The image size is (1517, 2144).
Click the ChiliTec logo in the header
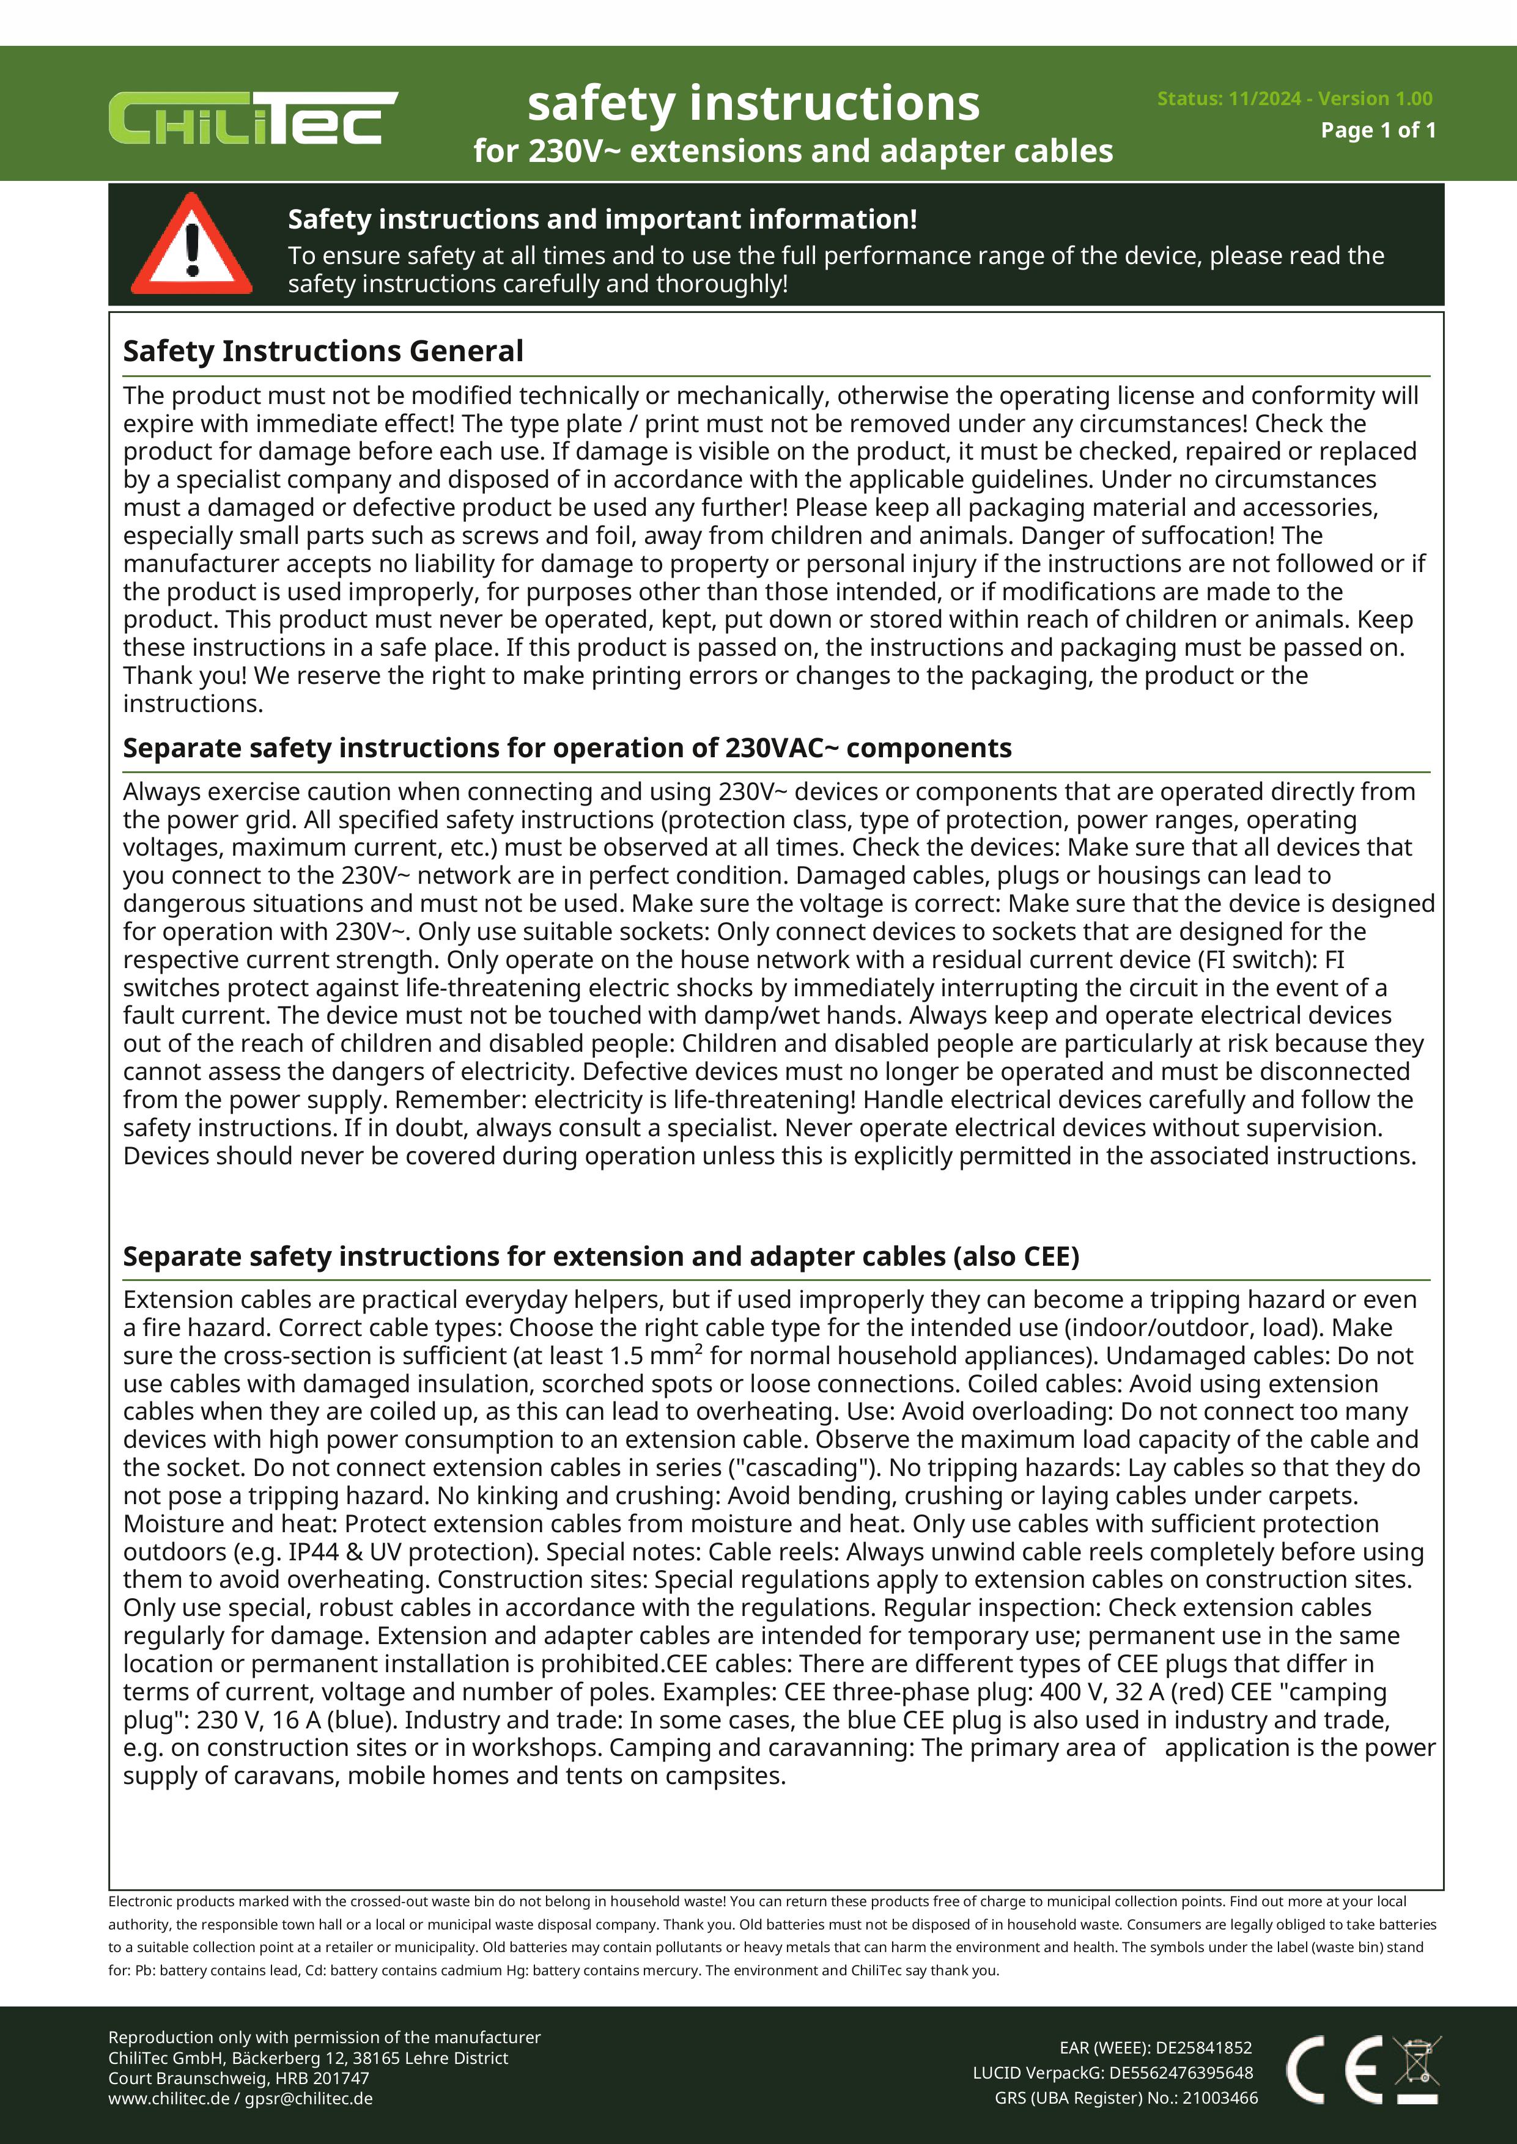pyautogui.click(x=252, y=118)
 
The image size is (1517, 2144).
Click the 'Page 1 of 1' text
pyautogui.click(x=1378, y=130)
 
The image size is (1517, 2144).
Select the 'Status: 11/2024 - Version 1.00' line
pyautogui.click(x=1294, y=98)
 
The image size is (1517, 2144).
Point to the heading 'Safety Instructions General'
pyautogui.click(x=323, y=351)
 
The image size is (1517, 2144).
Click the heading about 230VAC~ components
pyautogui.click(x=567, y=748)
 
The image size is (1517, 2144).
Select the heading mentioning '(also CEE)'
pyautogui.click(x=600, y=1256)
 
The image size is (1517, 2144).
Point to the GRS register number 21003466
pyautogui.click(x=1220, y=2098)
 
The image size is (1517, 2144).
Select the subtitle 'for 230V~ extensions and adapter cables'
pyautogui.click(x=793, y=152)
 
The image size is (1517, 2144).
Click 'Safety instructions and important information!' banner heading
pyautogui.click(x=602, y=219)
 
